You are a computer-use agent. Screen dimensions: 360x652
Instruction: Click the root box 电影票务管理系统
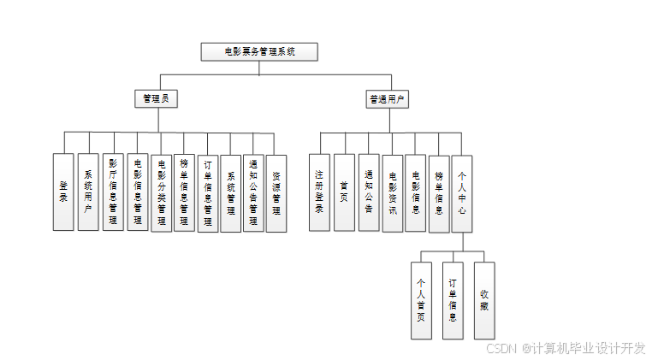point(259,51)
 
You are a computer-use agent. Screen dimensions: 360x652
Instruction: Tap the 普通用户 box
point(387,99)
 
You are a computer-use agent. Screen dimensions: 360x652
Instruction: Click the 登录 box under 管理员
point(63,192)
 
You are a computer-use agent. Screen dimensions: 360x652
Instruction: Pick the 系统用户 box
point(88,192)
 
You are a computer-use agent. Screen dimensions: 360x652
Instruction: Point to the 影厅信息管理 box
point(113,192)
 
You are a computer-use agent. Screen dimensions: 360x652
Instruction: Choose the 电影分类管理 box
point(161,192)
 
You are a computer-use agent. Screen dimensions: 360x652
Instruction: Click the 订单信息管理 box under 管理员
point(208,192)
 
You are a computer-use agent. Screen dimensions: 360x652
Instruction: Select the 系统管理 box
point(231,192)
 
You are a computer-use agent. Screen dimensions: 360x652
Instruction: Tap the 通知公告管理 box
point(253,192)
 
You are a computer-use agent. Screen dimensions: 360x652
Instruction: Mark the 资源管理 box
point(276,192)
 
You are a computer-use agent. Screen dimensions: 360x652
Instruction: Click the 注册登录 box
point(319,192)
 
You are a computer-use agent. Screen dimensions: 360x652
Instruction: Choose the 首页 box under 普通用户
point(344,192)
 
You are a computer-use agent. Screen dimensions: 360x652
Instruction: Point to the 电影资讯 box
point(392,192)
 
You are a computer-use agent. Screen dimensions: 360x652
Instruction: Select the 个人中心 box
point(462,192)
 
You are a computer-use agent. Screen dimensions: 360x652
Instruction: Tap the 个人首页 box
point(421,300)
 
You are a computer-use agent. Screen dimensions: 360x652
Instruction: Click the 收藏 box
point(484,298)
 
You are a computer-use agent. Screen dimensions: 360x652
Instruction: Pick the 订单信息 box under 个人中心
point(453,300)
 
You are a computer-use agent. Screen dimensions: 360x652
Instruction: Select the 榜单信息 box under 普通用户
point(438,192)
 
